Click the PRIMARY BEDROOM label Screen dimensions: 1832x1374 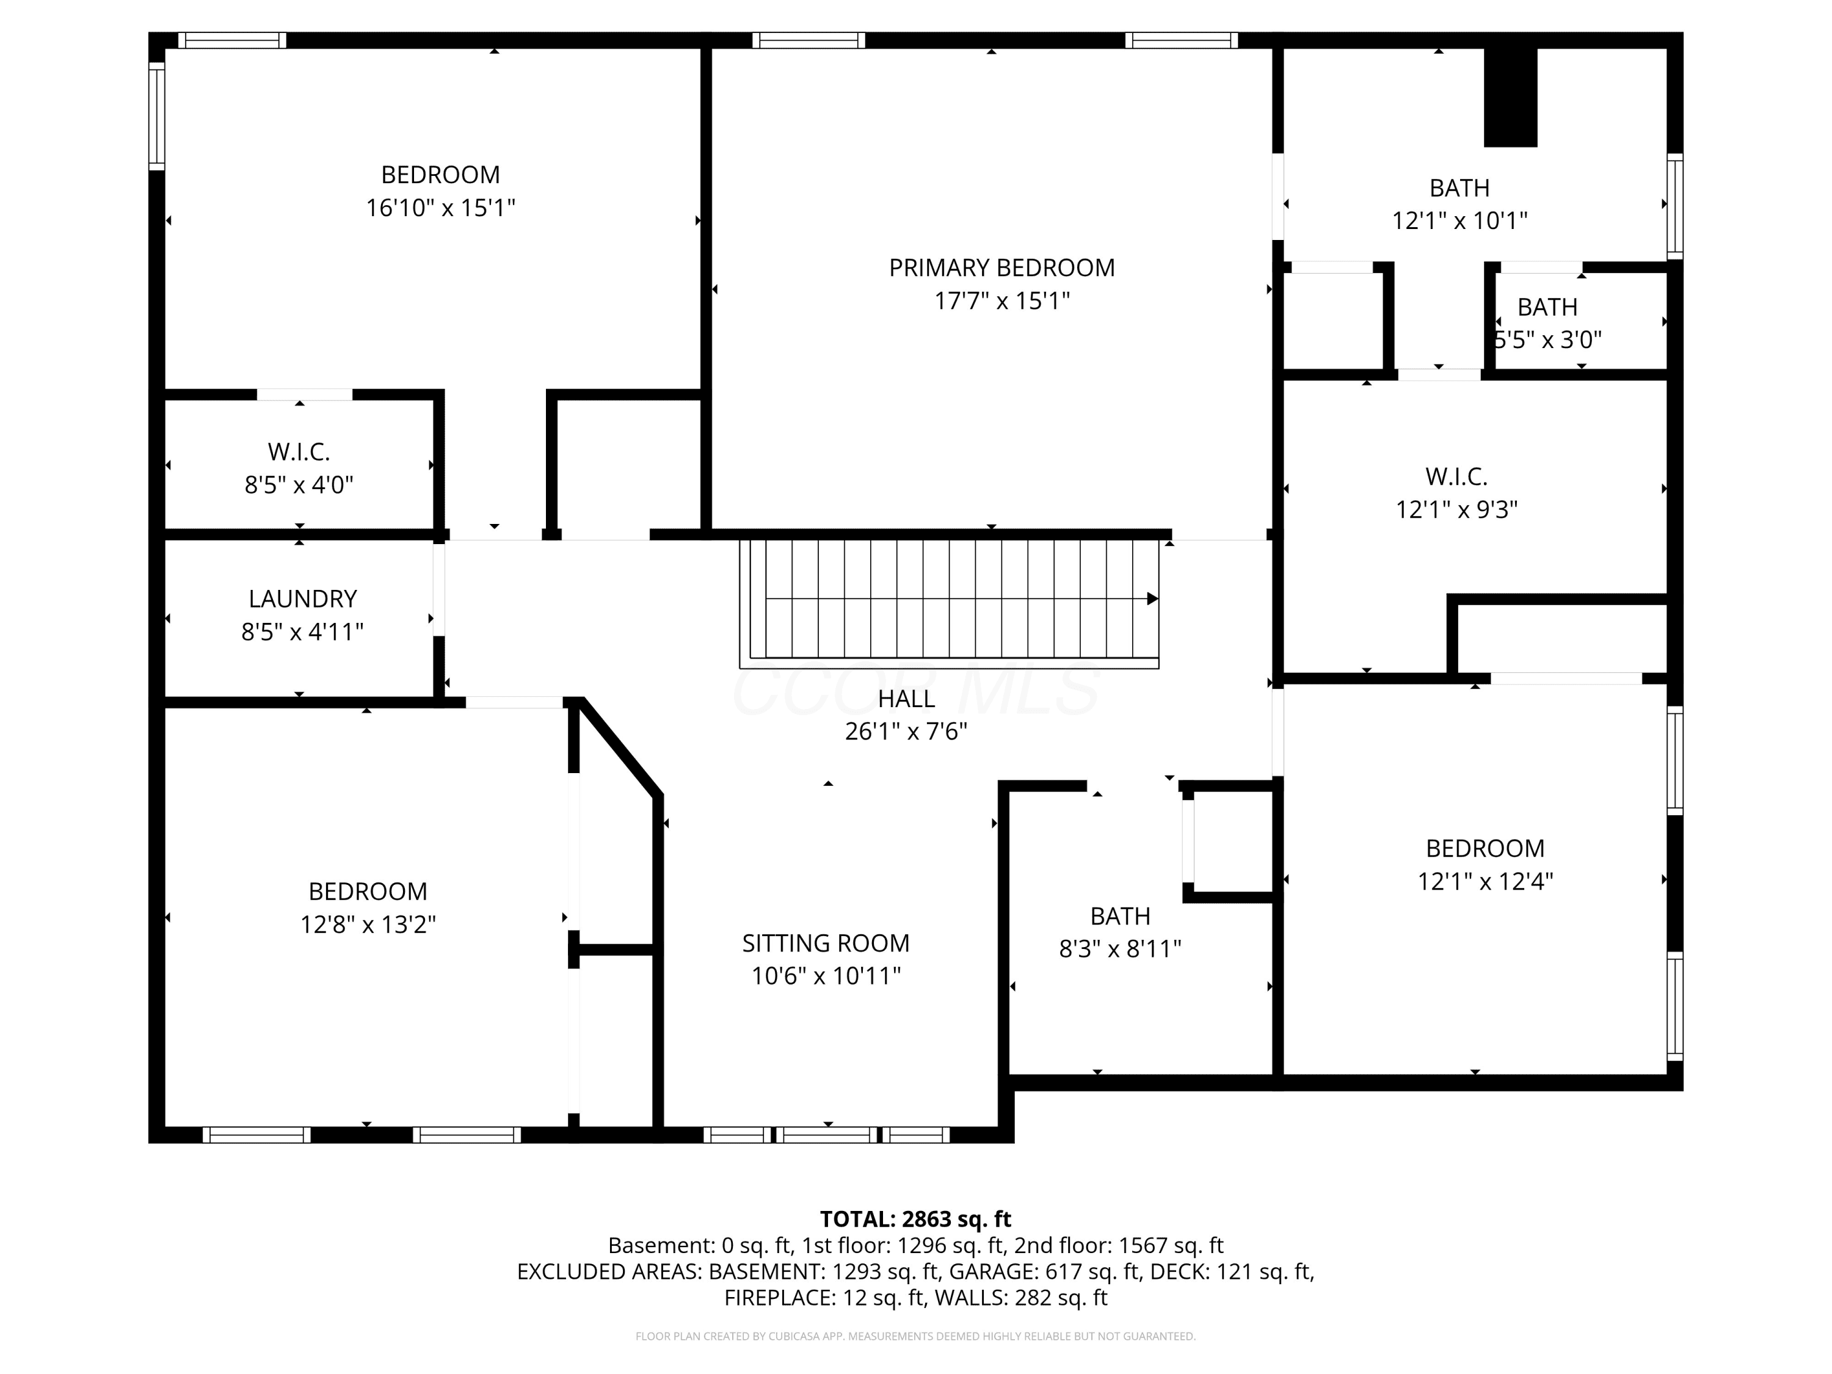coord(1002,267)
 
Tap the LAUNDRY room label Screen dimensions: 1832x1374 coord(303,599)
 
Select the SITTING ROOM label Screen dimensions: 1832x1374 coord(826,943)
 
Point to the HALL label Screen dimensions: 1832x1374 coord(907,699)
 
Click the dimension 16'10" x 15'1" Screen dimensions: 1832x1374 coord(441,207)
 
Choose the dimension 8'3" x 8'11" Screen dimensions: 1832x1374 coord(1121,948)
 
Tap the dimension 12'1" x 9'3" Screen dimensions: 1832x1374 coord(1457,509)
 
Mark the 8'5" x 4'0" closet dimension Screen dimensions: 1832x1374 coord(299,484)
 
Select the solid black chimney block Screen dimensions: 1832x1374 coord(1511,97)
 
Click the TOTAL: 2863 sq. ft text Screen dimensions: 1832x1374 coord(915,1219)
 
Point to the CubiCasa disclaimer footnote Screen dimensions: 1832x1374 coord(915,1336)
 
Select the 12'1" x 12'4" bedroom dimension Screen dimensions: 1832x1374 coord(1485,881)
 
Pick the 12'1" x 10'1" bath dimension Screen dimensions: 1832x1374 coord(1459,220)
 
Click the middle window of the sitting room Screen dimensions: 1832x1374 coord(827,1135)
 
